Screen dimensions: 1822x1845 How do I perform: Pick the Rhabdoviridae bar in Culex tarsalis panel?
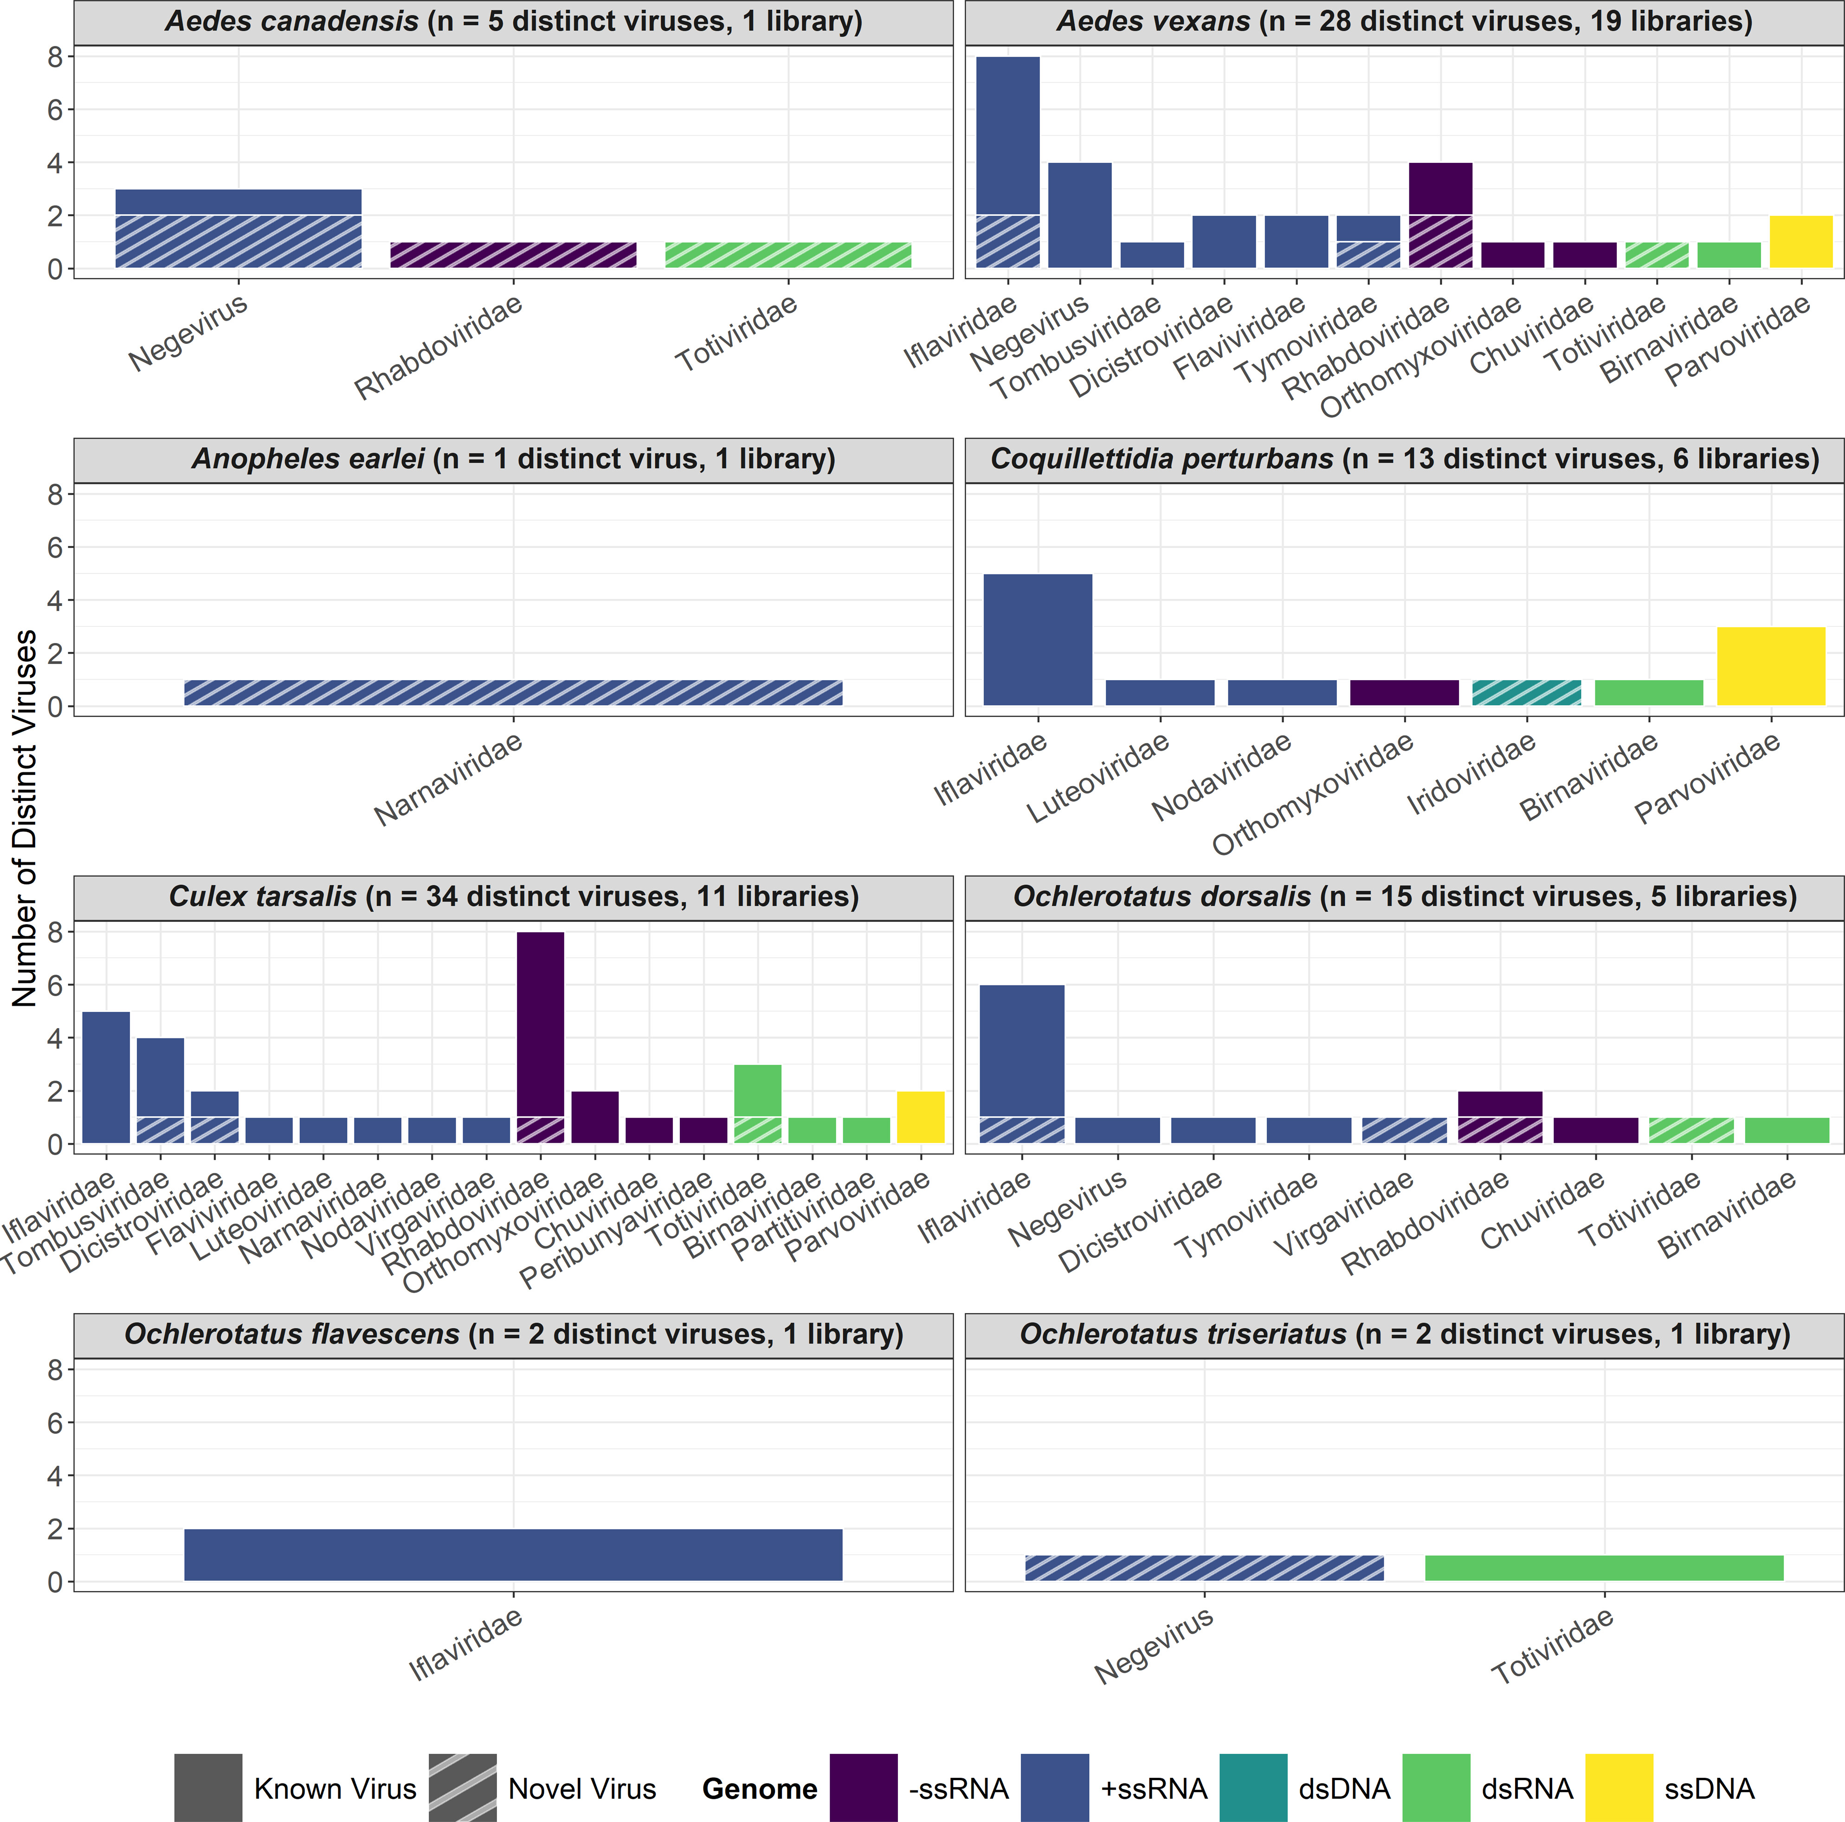pyautogui.click(x=541, y=1037)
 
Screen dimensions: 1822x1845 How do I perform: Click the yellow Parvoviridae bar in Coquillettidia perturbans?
pyautogui.click(x=1770, y=667)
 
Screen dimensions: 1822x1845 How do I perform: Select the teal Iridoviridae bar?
pyautogui.click(x=1526, y=692)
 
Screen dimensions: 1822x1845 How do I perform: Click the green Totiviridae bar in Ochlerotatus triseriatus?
pyautogui.click(x=1604, y=1568)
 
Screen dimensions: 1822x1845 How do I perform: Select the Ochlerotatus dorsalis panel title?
pyautogui.click(x=1404, y=897)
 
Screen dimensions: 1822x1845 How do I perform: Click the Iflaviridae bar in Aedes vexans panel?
pyautogui.click(x=1007, y=162)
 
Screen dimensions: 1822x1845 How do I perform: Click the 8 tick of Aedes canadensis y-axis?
pyautogui.click(x=55, y=57)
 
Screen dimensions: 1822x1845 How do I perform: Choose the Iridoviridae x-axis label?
pyautogui.click(x=1471, y=773)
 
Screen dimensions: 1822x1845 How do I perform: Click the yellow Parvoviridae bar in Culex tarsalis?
pyautogui.click(x=921, y=1117)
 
